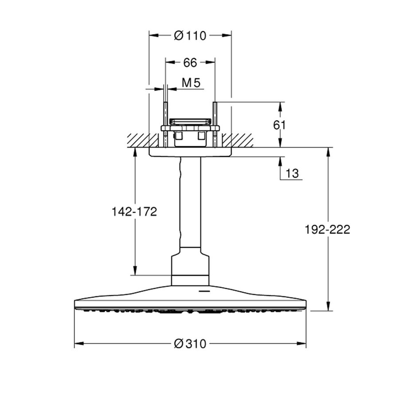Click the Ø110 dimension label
pos(190,36)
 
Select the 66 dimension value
pos(190,63)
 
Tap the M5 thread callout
pos(192,82)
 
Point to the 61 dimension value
pos(280,125)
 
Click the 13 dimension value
pos(293,173)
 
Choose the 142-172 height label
pos(134,211)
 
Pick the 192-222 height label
pos(328,229)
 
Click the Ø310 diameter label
pos(190,344)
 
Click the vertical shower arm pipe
pos(190,204)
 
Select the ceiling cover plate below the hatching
pos(190,152)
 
